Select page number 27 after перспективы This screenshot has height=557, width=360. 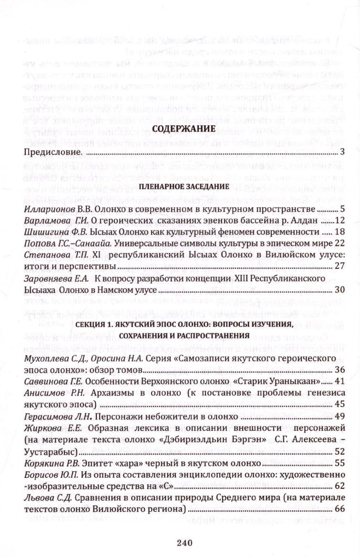click(x=339, y=266)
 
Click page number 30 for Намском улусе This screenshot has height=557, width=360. click(x=339, y=289)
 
